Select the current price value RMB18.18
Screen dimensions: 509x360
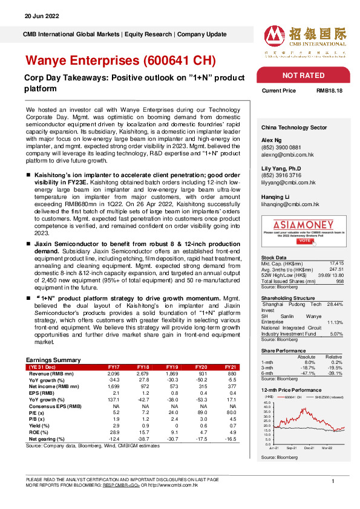tap(330, 91)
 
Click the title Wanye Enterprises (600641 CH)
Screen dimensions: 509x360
tap(119, 61)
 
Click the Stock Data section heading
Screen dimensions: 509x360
tap(274, 258)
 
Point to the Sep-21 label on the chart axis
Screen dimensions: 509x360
tap(291, 449)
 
